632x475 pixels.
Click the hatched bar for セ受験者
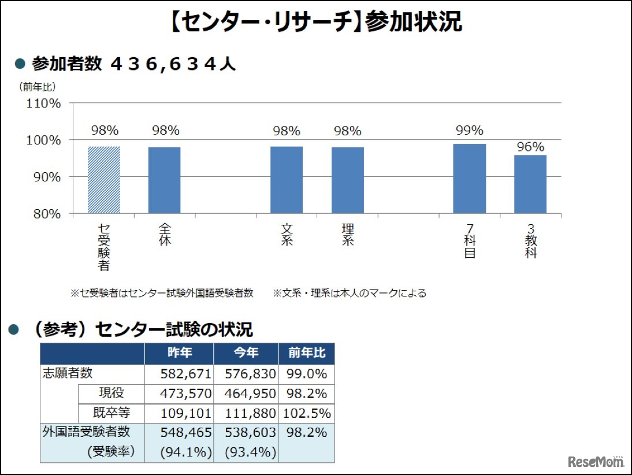pyautogui.click(x=104, y=180)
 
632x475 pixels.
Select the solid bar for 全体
pyautogui.click(x=165, y=180)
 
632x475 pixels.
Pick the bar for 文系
pyautogui.click(x=287, y=180)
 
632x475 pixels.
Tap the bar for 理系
pyautogui.click(x=348, y=180)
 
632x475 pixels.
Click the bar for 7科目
pyautogui.click(x=470, y=179)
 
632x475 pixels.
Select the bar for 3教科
pyautogui.click(x=530, y=184)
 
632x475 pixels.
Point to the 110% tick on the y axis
pyautogui.click(x=44, y=103)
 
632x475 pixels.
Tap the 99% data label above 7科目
pyautogui.click(x=470, y=131)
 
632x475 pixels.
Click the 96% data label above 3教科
pyautogui.click(x=530, y=146)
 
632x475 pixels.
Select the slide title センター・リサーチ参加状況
pyautogui.click(x=316, y=22)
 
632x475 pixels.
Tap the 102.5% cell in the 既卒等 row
pyautogui.click(x=306, y=413)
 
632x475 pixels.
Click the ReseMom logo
pyautogui.click(x=596, y=461)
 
